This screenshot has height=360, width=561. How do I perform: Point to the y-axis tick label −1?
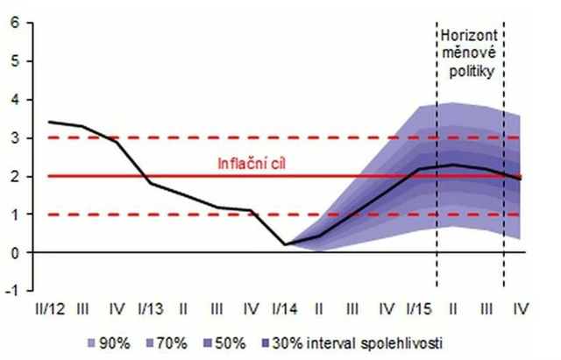coord(12,290)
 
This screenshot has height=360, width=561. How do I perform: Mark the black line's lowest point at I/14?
coord(287,244)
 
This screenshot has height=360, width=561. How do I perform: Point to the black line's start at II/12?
coord(51,122)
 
